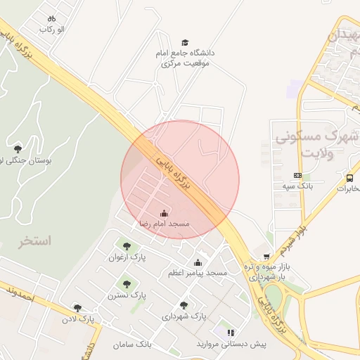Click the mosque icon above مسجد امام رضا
(x=164, y=213)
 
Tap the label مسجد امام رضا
(x=164, y=224)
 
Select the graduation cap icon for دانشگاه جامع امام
(x=185, y=43)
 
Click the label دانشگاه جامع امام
(x=186, y=53)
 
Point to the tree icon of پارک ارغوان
(x=127, y=247)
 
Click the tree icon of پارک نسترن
(x=127, y=285)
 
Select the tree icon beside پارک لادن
(x=77, y=308)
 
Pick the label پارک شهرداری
(x=184, y=316)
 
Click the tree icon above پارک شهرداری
(x=184, y=305)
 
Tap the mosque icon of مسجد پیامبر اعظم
(x=198, y=262)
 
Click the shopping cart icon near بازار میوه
(x=266, y=257)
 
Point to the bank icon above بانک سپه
(x=297, y=176)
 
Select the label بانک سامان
(x=131, y=345)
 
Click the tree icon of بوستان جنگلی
(x=18, y=148)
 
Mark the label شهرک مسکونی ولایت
(x=318, y=143)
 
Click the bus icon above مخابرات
(x=349, y=177)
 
